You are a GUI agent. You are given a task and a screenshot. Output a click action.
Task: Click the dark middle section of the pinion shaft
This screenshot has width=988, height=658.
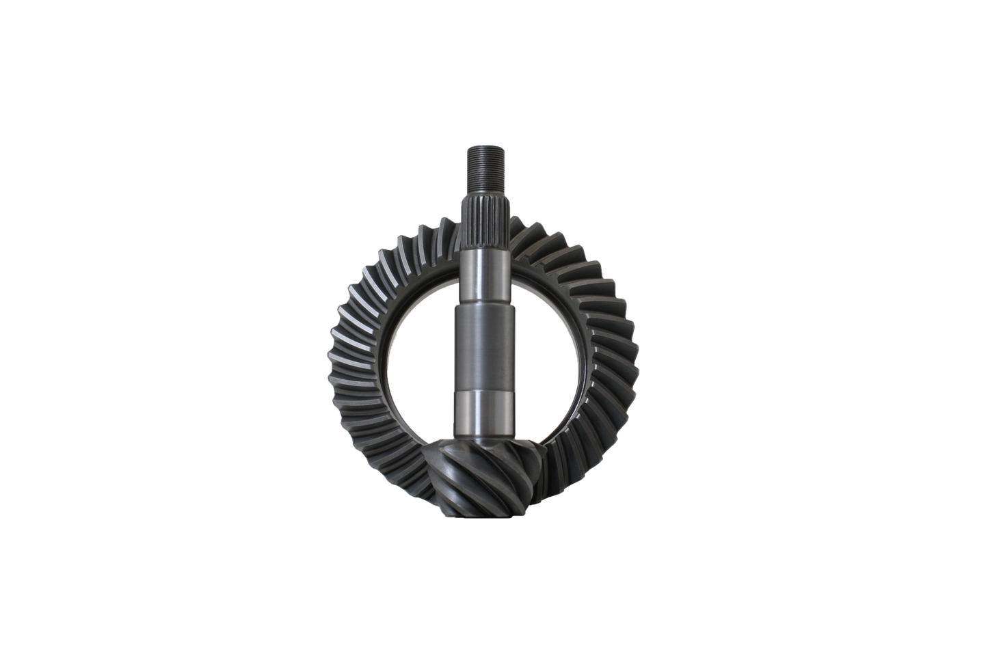(486, 348)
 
